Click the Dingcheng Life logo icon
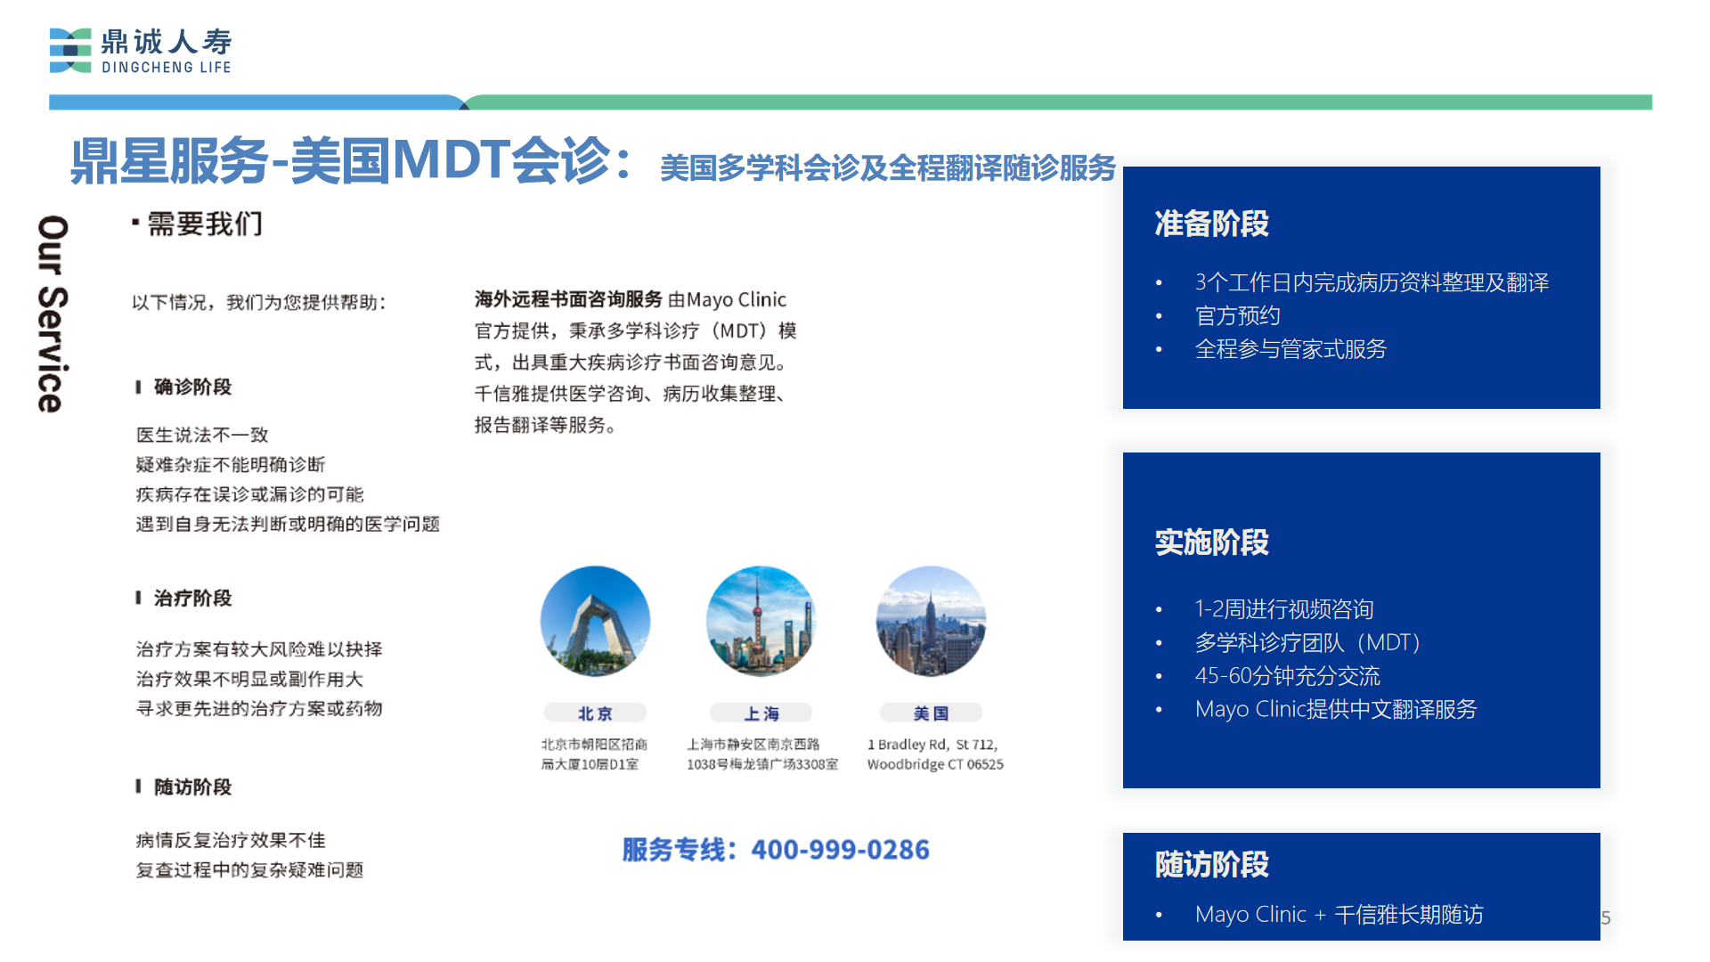70,51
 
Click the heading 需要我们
205,224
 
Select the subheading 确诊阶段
192,387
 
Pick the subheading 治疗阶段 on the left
192,598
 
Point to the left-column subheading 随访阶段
192,787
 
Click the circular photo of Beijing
595,621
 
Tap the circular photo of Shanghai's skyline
761,621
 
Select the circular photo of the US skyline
931,621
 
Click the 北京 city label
595,713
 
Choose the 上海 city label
761,713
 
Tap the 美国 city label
931,713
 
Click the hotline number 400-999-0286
840,850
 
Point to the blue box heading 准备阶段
1211,224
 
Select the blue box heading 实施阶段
1211,542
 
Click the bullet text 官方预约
1237,316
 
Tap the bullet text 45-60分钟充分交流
1287,676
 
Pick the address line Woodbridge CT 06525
935,764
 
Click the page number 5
1606,917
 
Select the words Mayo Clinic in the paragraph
737,300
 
